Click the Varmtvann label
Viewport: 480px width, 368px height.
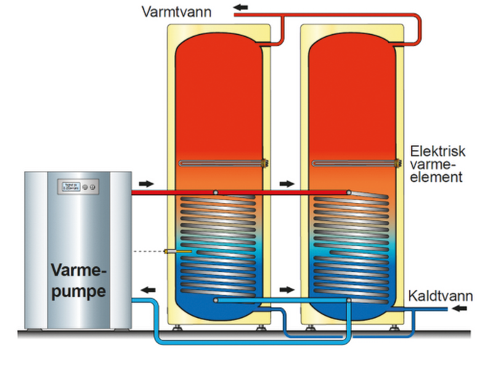(x=175, y=12)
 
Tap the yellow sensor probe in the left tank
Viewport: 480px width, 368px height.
(x=177, y=251)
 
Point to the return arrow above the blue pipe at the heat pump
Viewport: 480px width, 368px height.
(x=147, y=289)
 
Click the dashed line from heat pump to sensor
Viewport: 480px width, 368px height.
(x=148, y=251)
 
